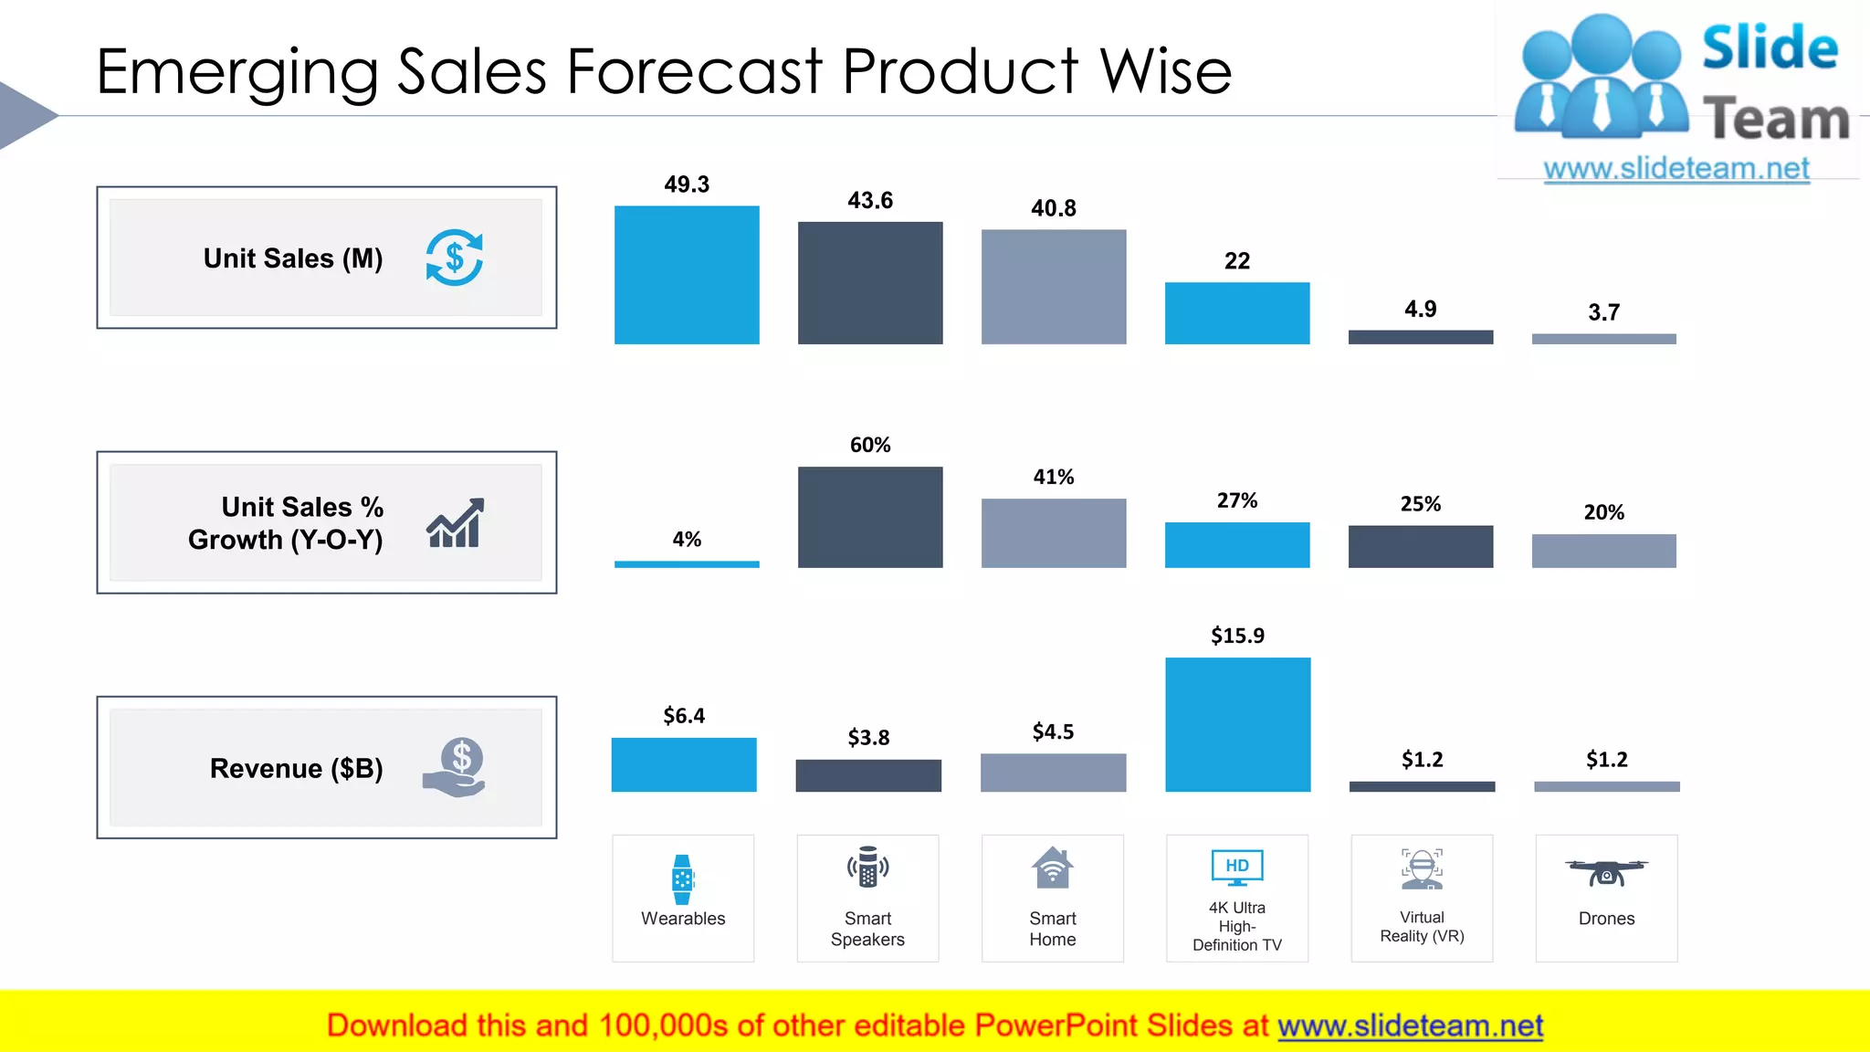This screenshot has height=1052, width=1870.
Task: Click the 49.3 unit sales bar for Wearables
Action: (x=687, y=275)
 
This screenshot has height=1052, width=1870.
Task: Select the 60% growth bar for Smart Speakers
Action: (x=870, y=517)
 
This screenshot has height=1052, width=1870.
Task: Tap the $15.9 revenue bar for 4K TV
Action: (x=1237, y=724)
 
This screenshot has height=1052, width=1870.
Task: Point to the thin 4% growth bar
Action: (x=687, y=564)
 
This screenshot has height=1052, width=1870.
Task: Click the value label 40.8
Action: (x=1053, y=208)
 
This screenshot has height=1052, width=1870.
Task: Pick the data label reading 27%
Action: (x=1236, y=500)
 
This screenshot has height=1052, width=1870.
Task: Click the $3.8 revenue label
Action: (x=868, y=737)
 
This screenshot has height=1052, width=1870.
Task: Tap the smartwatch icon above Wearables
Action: (x=682, y=879)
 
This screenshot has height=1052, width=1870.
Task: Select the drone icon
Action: (x=1606, y=872)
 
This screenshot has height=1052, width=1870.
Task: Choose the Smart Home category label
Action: (x=1052, y=929)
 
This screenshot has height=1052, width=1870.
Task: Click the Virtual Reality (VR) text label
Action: (x=1422, y=926)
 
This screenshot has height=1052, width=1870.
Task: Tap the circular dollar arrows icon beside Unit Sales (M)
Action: (x=454, y=258)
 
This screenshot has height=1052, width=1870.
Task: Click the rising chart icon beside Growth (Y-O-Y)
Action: (x=455, y=523)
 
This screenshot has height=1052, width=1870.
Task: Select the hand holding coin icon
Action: (x=455, y=767)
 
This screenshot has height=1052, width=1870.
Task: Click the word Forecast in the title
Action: (x=694, y=71)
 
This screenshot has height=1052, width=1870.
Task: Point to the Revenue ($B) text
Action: (x=296, y=768)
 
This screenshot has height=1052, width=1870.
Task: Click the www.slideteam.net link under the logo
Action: (x=1676, y=168)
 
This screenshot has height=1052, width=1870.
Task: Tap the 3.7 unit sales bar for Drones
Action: (x=1603, y=339)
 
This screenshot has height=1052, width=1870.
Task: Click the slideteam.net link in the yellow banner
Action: (x=1410, y=1026)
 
